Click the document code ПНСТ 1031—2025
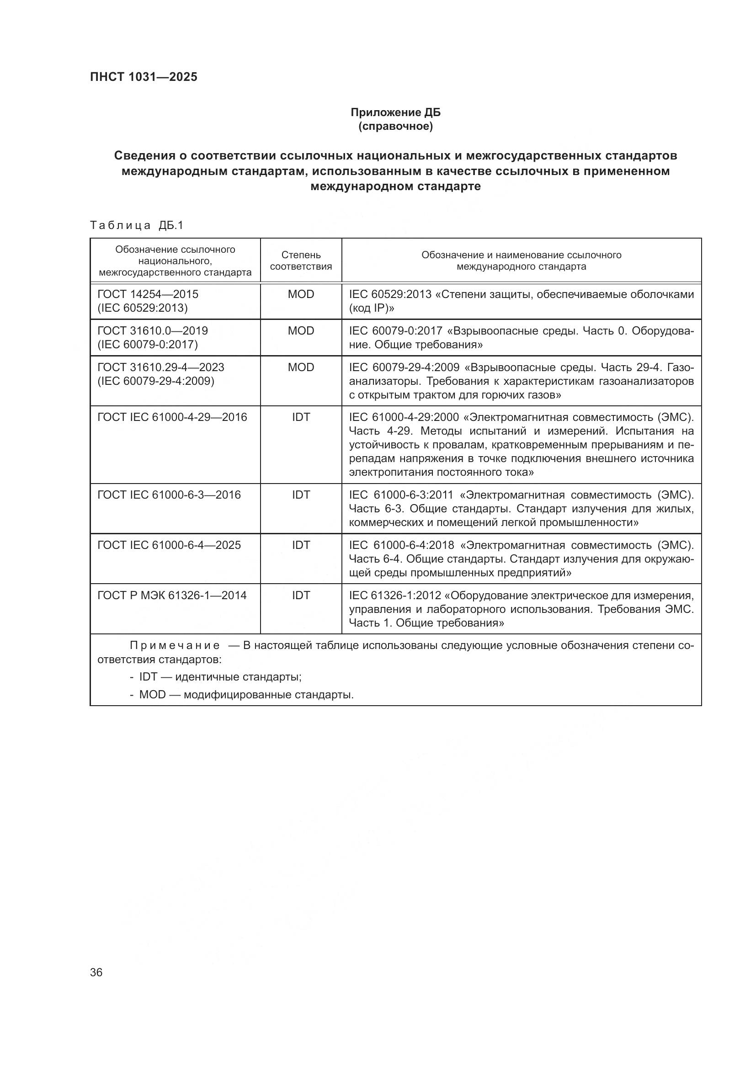(x=144, y=77)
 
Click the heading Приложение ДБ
(x=395, y=113)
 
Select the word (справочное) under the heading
(x=395, y=127)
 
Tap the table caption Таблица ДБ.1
(x=137, y=226)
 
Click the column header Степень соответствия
(x=301, y=261)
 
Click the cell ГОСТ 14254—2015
(x=148, y=294)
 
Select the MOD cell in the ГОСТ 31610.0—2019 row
(x=301, y=331)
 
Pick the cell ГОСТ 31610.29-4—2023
(x=160, y=367)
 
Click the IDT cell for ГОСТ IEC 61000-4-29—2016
(x=301, y=417)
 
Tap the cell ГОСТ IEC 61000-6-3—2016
(x=169, y=495)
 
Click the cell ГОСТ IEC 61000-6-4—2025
(x=169, y=545)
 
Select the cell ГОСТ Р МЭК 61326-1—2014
(x=172, y=596)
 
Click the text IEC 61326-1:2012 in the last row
(x=395, y=596)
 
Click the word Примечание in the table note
(x=175, y=646)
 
